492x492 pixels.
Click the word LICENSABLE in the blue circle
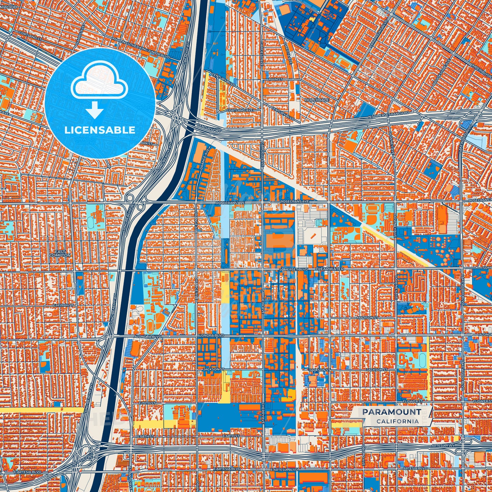click(x=100, y=130)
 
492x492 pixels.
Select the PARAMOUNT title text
click(x=391, y=412)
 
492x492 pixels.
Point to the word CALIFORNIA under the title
click(x=397, y=421)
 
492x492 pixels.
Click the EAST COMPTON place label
click(x=60, y=253)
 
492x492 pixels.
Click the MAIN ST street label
click(x=275, y=79)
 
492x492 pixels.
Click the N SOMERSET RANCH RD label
click(x=389, y=115)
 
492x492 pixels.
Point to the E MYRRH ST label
click(x=63, y=306)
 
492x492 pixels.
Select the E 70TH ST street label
click(x=147, y=403)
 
